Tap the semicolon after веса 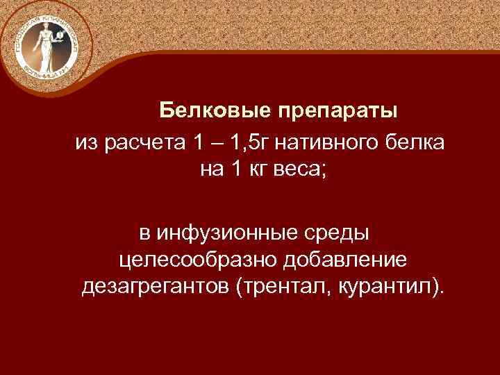[x=321, y=171]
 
